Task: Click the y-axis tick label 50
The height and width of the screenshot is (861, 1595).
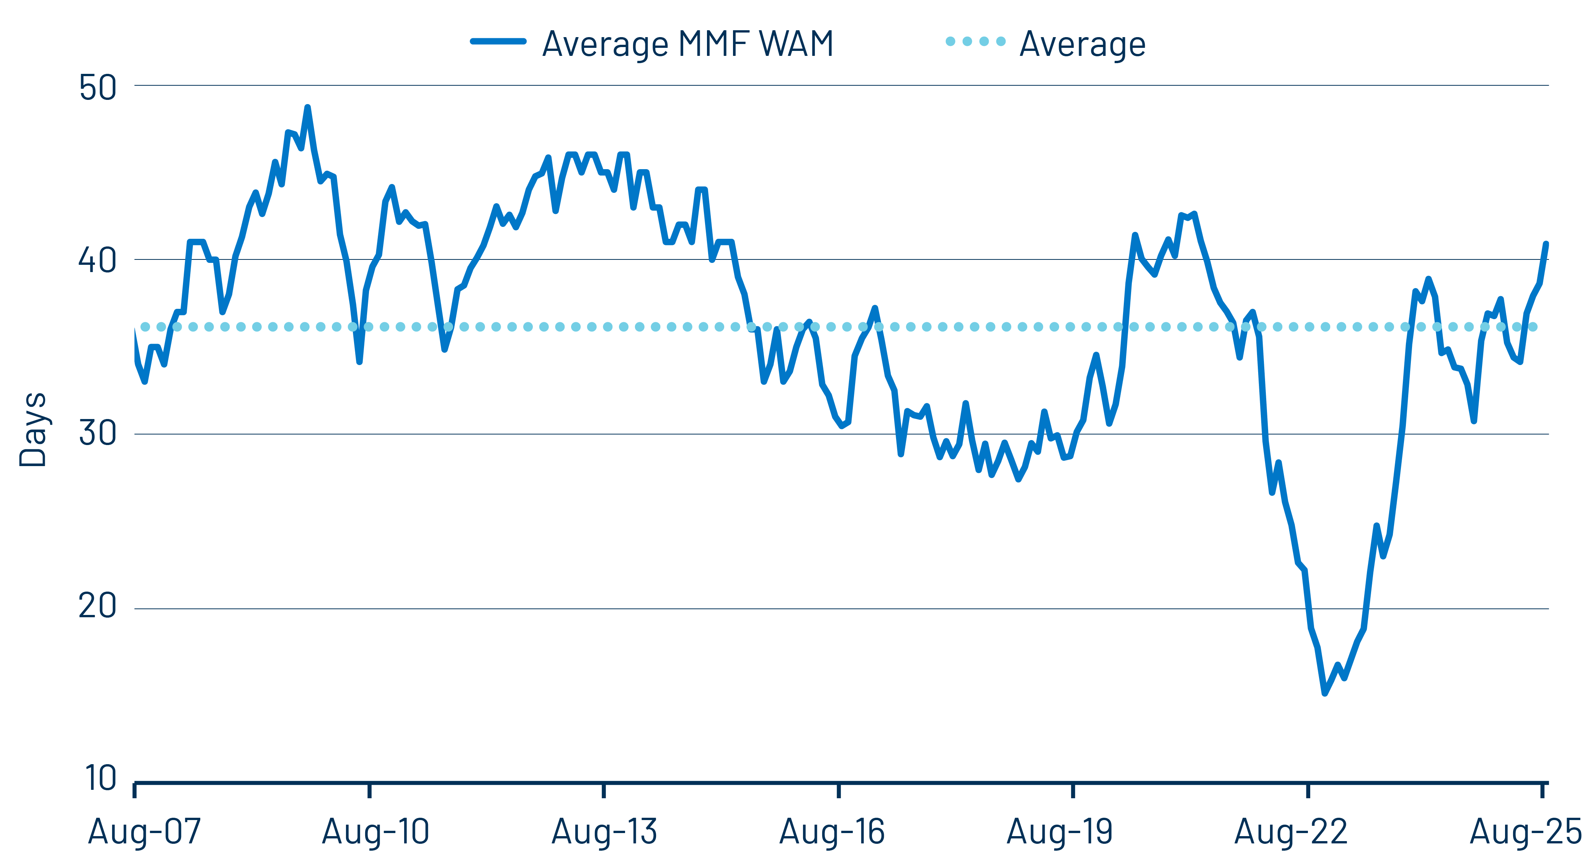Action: point(97,88)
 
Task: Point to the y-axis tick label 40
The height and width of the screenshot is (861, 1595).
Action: point(97,261)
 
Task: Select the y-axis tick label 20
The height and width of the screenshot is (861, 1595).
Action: point(97,606)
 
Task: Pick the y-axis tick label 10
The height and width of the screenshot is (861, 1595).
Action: point(99,779)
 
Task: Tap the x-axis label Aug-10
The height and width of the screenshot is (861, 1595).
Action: point(375,831)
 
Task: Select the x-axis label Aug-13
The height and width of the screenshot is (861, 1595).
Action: point(604,831)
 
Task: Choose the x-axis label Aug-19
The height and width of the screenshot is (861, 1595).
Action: point(1060,831)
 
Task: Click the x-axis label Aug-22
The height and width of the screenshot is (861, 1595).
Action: point(1291,831)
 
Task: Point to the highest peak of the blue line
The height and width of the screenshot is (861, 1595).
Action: point(307,108)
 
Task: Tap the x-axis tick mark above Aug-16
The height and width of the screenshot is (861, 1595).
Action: point(838,791)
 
